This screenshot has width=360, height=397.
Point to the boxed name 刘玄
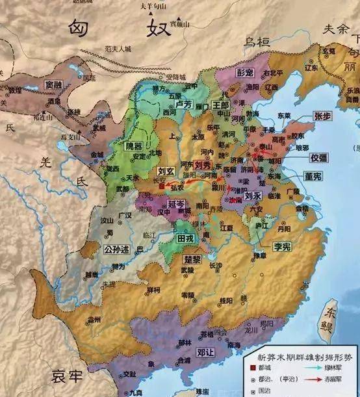166,172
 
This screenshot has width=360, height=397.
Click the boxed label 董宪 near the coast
313,175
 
